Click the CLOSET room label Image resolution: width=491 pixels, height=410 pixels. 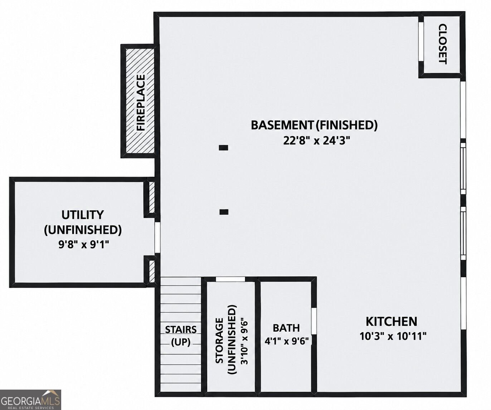point(443,44)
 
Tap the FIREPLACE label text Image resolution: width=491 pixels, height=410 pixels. point(141,102)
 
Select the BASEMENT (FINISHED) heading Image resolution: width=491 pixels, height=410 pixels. point(314,125)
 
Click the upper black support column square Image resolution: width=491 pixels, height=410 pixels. point(223,148)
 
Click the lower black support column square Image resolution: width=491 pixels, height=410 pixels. point(224,212)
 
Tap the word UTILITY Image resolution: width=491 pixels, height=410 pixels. point(83,215)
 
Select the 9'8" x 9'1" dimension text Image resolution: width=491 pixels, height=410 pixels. point(84,245)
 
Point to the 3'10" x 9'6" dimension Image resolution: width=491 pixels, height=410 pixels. point(244,341)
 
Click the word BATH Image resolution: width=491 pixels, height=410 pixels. point(286,328)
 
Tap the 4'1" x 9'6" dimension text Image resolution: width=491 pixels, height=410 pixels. point(286,341)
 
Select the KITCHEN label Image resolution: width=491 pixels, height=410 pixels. point(392,321)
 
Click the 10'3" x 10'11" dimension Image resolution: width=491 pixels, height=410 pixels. point(393,336)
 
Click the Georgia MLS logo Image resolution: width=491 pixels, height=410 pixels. point(30,400)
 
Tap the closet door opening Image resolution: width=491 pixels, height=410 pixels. point(421,42)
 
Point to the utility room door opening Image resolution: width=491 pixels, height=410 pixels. point(157,238)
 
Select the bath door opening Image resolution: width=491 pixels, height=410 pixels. point(314,321)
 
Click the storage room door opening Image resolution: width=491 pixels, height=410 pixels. point(230,279)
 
